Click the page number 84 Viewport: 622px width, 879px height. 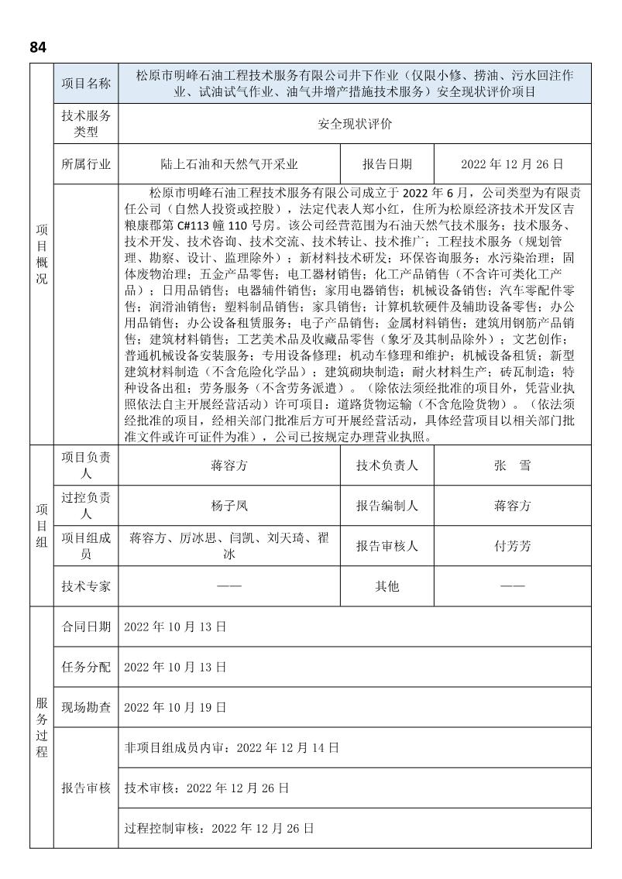point(38,47)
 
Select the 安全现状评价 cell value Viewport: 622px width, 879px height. point(356,124)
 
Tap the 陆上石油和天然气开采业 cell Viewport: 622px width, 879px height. point(229,164)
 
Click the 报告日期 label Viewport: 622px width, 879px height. point(387,164)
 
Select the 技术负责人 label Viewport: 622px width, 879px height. point(387,466)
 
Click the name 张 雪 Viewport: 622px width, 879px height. point(512,466)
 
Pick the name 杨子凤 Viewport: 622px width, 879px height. point(229,506)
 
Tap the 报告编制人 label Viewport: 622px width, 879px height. point(387,506)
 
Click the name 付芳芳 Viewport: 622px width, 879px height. point(512,546)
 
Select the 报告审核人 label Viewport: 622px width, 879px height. point(387,546)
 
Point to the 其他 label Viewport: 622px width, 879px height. point(387,586)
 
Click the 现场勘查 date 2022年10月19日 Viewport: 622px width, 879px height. point(175,707)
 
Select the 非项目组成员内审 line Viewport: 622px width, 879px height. point(232,748)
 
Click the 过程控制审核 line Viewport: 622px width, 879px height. point(219,829)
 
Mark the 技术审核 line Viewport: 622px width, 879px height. point(207,788)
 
